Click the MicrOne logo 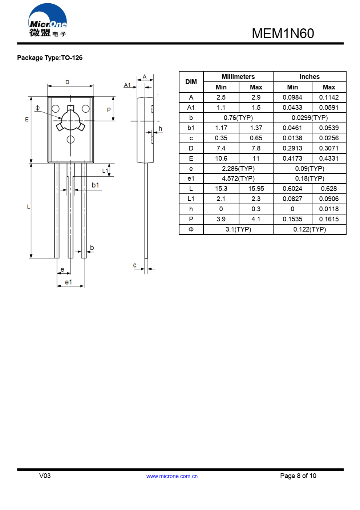pyautogui.click(x=48, y=21)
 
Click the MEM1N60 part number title pyautogui.click(x=283, y=33)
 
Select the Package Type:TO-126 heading pyautogui.click(x=50, y=58)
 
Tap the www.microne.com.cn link pyautogui.click(x=172, y=476)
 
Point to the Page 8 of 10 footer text pyautogui.click(x=298, y=476)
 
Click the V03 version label pyautogui.click(x=45, y=476)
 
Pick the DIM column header pyautogui.click(x=191, y=82)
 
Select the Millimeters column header pyautogui.click(x=238, y=77)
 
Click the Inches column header pyautogui.click(x=310, y=77)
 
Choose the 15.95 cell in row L pyautogui.click(x=256, y=189)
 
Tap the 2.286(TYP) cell pyautogui.click(x=238, y=169)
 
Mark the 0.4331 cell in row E pyautogui.click(x=329, y=158)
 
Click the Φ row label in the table pyautogui.click(x=191, y=229)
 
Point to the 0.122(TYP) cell pyautogui.click(x=310, y=229)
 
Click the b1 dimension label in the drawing pyautogui.click(x=95, y=185)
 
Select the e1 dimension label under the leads pyautogui.click(x=68, y=282)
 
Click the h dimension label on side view pyautogui.click(x=160, y=129)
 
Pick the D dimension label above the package pyautogui.click(x=67, y=82)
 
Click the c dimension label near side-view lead pyautogui.click(x=135, y=265)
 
